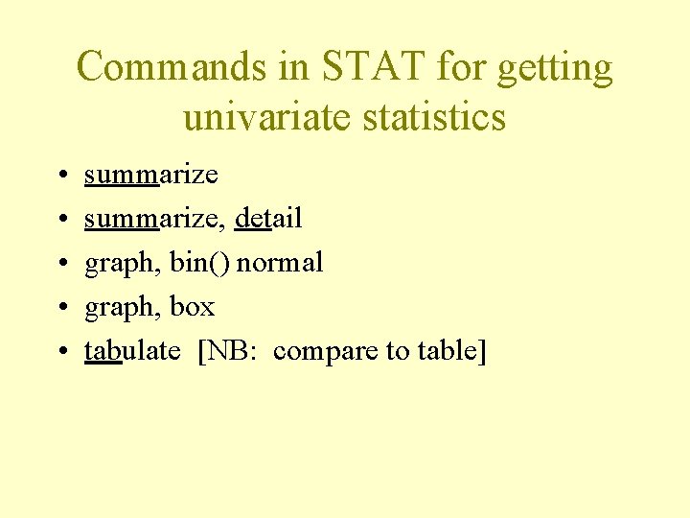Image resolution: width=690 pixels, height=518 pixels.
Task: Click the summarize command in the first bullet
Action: [151, 175]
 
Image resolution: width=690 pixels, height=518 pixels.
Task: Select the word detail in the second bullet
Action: [267, 219]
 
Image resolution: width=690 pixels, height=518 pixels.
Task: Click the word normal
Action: [280, 263]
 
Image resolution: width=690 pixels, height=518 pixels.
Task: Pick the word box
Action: [193, 307]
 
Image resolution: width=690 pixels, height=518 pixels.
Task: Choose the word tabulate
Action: [132, 351]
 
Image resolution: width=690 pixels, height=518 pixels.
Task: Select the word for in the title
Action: [458, 68]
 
